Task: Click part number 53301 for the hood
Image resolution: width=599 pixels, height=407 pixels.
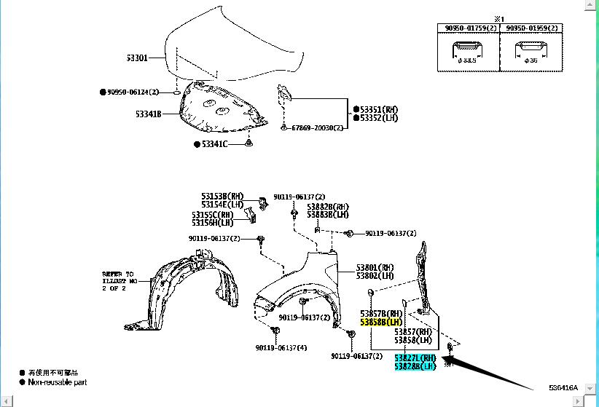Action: pyautogui.click(x=138, y=58)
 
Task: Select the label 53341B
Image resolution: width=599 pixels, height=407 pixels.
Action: pyautogui.click(x=148, y=114)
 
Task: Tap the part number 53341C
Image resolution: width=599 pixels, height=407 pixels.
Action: pyautogui.click(x=214, y=144)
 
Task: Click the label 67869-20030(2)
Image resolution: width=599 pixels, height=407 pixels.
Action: pyautogui.click(x=317, y=127)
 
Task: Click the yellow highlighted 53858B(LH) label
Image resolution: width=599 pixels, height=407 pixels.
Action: pyautogui.click(x=381, y=321)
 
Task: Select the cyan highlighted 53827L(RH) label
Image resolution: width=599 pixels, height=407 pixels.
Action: pyautogui.click(x=415, y=357)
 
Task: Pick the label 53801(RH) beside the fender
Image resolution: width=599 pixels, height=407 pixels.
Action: pyautogui.click(x=375, y=267)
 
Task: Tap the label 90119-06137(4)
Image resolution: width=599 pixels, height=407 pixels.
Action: pyautogui.click(x=281, y=347)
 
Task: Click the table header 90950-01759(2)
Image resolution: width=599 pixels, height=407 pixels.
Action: pyautogui.click(x=467, y=28)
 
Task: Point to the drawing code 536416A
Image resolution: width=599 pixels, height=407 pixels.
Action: pyautogui.click(x=563, y=387)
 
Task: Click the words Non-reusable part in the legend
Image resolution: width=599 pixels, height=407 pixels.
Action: pyautogui.click(x=58, y=382)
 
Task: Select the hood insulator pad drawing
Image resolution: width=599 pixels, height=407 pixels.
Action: pyautogui.click(x=219, y=109)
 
